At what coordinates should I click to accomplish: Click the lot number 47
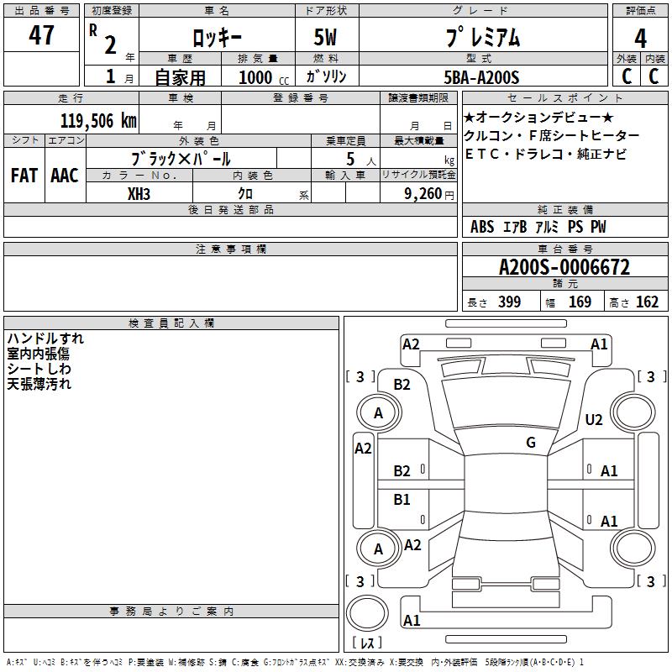tap(42, 35)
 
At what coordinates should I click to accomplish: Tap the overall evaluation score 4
tap(641, 38)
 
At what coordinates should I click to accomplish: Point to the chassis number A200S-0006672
tap(564, 268)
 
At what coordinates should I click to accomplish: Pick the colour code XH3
tap(139, 193)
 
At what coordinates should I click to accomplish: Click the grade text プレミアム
tap(482, 38)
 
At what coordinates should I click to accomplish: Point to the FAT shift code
tap(23, 176)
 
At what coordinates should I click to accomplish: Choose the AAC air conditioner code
tap(65, 176)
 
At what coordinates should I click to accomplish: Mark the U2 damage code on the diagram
tap(594, 420)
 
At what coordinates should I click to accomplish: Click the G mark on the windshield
tap(531, 443)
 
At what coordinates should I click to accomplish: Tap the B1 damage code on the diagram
tap(402, 500)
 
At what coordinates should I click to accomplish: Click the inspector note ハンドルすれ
tap(45, 339)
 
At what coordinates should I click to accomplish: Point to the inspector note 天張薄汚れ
tap(39, 384)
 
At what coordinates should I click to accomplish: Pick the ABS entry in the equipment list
tap(482, 227)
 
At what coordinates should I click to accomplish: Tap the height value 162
tap(647, 302)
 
